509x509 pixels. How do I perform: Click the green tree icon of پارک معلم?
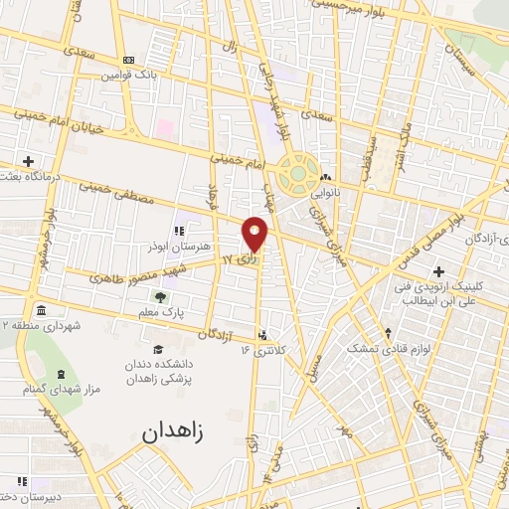coord(159,297)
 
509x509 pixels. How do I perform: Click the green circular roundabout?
coord(298,175)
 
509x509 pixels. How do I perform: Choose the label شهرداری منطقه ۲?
coord(42,325)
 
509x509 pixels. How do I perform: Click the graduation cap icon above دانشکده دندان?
coord(157,349)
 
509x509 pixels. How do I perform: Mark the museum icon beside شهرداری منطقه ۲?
coord(40,308)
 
